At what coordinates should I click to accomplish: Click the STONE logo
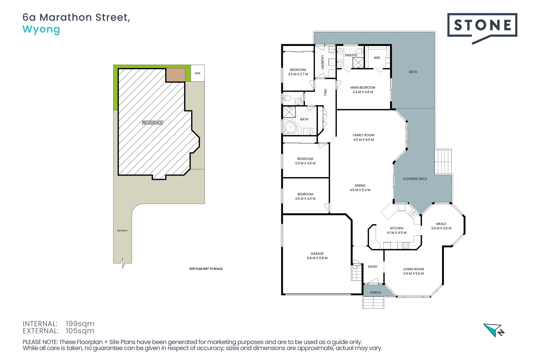coord(482,25)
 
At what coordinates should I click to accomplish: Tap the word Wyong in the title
coord(41,29)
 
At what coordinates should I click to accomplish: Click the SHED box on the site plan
coord(197,73)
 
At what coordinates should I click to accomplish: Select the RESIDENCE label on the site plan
coord(153,123)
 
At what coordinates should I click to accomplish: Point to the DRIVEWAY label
coord(122,231)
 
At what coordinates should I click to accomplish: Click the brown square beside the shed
coord(175,75)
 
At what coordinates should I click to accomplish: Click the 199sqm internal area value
coord(80,324)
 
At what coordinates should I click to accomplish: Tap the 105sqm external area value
coord(80,331)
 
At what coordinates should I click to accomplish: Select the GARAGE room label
coord(317,254)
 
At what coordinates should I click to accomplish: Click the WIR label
coord(377,58)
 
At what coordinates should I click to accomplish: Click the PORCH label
coord(375,293)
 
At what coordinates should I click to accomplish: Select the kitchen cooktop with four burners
coord(405,246)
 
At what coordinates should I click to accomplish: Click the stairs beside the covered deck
coord(443,162)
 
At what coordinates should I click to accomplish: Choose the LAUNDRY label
coord(322,62)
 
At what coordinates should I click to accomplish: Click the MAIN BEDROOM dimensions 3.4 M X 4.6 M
coord(363,92)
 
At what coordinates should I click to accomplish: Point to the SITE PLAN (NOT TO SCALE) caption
coord(206,269)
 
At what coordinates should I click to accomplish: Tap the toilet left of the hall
coord(287,98)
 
